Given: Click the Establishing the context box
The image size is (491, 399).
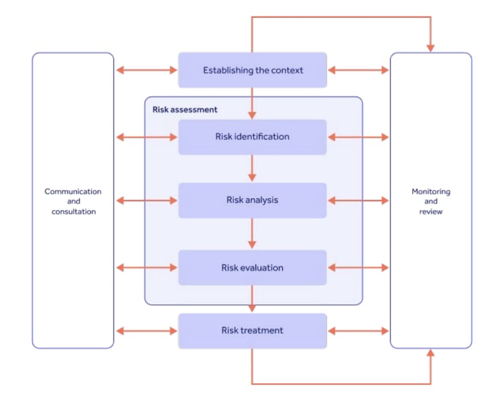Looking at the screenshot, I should tap(252, 70).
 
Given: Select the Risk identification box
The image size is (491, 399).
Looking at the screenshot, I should tap(252, 137).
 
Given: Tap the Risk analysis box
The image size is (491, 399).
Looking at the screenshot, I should tap(252, 200).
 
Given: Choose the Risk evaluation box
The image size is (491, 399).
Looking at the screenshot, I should tap(252, 268).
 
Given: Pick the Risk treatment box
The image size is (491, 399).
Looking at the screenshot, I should tap(252, 331).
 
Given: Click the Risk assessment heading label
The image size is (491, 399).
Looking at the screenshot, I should tap(185, 109).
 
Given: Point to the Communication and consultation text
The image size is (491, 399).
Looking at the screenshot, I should tap(73, 201).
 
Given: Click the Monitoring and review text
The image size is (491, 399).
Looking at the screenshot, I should tap(431, 201).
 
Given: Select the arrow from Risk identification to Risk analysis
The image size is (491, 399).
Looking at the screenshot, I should tap(252, 168).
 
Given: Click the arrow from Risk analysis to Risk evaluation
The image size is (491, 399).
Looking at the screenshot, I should tap(252, 234).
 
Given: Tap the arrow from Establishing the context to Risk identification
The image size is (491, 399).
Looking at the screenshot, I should tap(252, 103).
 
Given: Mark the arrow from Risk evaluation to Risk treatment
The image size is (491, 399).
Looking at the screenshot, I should tap(252, 300).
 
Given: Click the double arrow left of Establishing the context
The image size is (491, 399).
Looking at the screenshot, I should tap(146, 70).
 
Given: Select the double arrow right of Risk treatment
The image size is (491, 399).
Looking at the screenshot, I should tap(358, 331).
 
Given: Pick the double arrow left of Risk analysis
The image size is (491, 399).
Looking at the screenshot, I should tap(146, 200).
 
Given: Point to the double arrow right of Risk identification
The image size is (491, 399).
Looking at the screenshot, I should tap(358, 137).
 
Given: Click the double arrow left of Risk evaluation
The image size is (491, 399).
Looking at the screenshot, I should tap(146, 268).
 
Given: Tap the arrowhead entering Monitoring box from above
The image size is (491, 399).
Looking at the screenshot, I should tap(431, 46).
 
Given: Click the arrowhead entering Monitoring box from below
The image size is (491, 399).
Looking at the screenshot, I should tap(431, 355).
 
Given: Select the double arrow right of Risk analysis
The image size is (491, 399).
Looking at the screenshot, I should tap(358, 200).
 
